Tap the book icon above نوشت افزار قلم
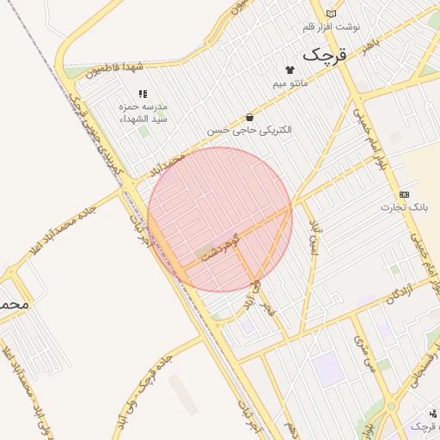[x=331, y=14]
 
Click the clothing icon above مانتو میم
[x=289, y=70]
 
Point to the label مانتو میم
[x=290, y=83]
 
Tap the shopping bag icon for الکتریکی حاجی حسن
[x=249, y=117]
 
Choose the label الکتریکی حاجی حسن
[x=249, y=130]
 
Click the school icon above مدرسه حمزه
[x=143, y=94]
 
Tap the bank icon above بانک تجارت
[x=404, y=195]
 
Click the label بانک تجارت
[x=404, y=208]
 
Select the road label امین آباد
[x=314, y=238]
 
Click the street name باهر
[x=370, y=44]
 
